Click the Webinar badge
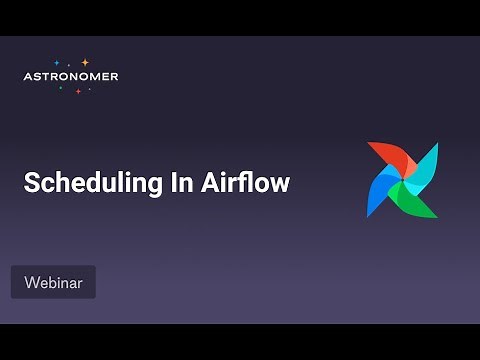point(53,282)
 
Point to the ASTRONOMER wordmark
point(70,76)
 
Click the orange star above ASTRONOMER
point(85,62)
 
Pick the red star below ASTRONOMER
point(78,91)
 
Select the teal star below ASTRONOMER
point(60,88)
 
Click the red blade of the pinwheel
point(385,157)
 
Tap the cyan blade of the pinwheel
point(426,162)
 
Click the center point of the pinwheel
point(403,180)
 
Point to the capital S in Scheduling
point(31,183)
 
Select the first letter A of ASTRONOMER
point(27,76)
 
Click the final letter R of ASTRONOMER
point(114,76)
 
